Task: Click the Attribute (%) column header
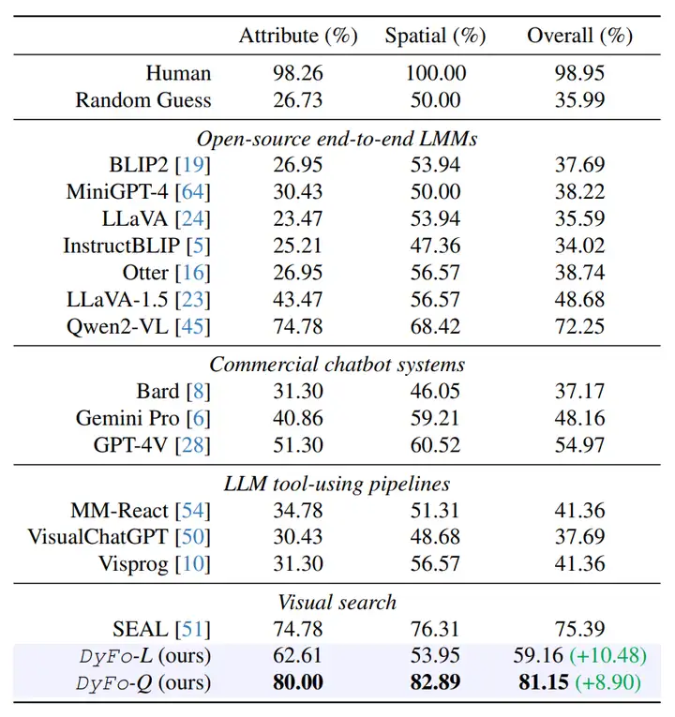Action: point(298,37)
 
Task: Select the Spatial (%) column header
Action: point(435,37)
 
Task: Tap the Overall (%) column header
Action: point(578,37)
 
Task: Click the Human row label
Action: point(178,73)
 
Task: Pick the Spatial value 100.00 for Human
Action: point(435,73)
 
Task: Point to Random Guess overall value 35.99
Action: point(578,100)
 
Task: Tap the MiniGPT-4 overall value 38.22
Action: point(578,192)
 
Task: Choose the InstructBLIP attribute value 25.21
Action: point(298,246)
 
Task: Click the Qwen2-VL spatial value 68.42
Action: point(435,327)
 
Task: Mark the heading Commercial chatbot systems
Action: point(337,365)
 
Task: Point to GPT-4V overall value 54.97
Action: point(578,445)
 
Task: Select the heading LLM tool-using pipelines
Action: point(337,484)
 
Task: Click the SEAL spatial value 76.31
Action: point(435,629)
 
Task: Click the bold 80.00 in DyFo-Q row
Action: point(298,683)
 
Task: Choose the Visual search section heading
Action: point(337,603)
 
